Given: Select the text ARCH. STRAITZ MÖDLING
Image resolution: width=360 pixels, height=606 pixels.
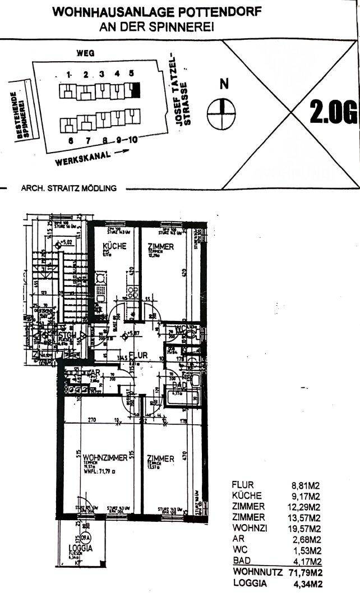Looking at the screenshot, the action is coord(69,189).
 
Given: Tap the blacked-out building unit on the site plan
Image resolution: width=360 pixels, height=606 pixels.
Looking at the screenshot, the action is coord(135,89).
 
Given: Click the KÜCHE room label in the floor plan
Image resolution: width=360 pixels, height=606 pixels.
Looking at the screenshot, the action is coord(114,246).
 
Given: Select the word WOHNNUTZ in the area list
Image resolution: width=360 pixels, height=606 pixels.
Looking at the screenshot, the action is coord(255,573).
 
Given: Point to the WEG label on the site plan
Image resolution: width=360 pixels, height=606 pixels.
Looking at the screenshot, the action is coord(85,53).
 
